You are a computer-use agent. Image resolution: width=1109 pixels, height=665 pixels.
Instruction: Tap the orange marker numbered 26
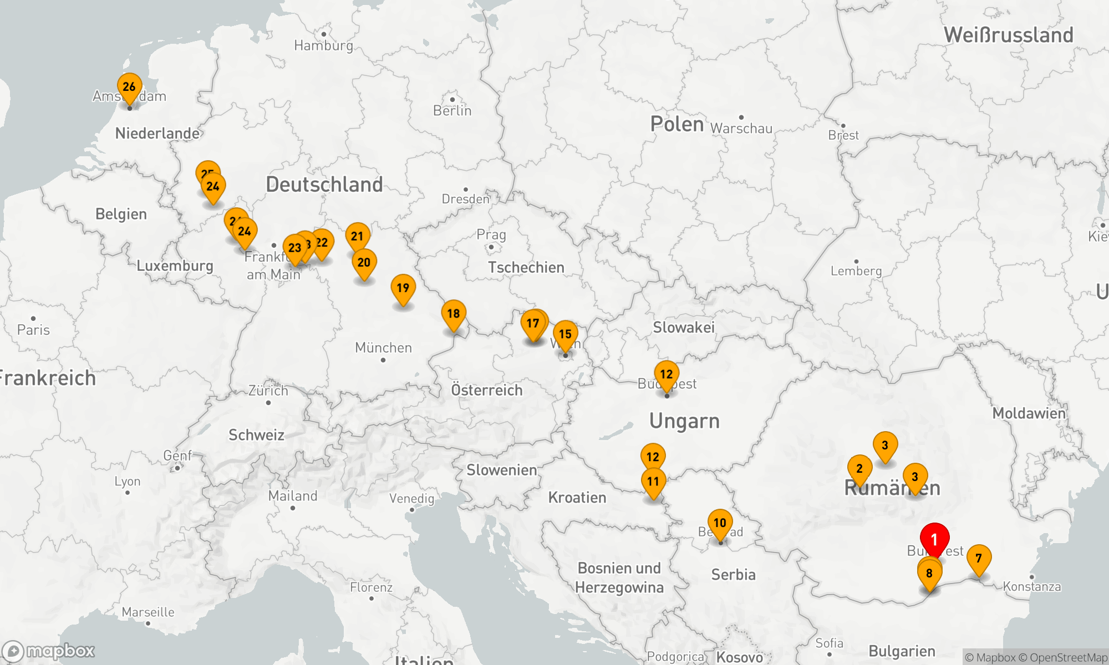[x=129, y=87]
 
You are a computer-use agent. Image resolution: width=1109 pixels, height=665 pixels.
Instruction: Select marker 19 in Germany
[x=403, y=288]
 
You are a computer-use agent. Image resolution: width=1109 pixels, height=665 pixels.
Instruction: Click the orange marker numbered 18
[x=454, y=314]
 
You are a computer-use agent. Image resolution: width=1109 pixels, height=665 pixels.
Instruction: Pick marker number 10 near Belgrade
[x=720, y=523]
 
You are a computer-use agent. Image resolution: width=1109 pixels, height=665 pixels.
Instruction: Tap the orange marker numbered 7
[x=979, y=558]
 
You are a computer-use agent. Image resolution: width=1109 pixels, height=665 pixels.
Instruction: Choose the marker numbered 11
[x=653, y=482]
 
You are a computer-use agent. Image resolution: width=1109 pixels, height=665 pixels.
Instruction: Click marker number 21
[x=358, y=237]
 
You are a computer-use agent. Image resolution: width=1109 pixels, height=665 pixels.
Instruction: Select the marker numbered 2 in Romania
[x=859, y=469]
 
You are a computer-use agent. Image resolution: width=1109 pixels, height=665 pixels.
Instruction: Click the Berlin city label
[x=452, y=111]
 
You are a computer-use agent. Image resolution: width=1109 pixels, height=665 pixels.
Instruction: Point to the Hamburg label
[x=323, y=45]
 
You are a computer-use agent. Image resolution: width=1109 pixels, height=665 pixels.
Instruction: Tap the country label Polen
[x=677, y=124]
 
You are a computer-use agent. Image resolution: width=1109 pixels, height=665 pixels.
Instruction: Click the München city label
[x=383, y=348]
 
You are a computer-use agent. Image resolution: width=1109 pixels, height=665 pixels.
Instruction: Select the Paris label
[x=33, y=330]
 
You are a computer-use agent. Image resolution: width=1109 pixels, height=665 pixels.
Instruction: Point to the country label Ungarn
[x=684, y=421]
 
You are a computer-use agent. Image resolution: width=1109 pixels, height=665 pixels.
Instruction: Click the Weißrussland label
[x=1009, y=35]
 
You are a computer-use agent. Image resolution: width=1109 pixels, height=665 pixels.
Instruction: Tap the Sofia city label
[x=829, y=643]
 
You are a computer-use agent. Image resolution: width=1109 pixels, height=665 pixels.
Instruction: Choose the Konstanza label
[x=1031, y=587]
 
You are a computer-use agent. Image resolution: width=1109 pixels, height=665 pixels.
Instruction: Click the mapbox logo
[x=49, y=651]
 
